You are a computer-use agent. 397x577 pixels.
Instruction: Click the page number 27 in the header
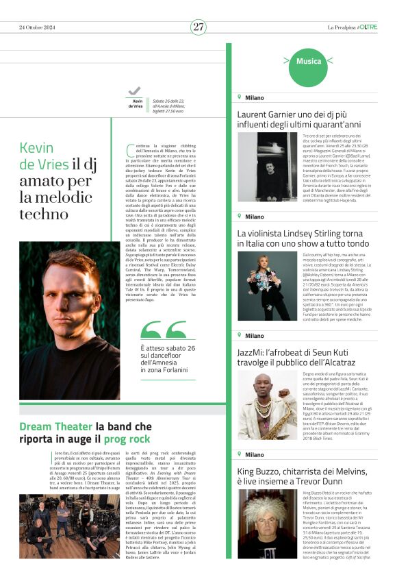tap(198, 27)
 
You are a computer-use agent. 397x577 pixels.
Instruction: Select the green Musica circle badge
tap(308, 62)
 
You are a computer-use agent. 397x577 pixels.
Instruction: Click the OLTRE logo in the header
tap(367, 27)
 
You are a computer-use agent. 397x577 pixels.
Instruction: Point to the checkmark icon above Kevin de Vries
tap(134, 91)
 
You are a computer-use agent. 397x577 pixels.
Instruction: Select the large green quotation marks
tap(162, 332)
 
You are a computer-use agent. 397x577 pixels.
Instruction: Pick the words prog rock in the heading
tap(127, 438)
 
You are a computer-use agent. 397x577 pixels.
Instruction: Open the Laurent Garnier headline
tap(308, 119)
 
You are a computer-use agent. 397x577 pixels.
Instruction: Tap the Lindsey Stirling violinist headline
tap(308, 238)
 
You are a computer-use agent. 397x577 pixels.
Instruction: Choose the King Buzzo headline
tap(308, 476)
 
